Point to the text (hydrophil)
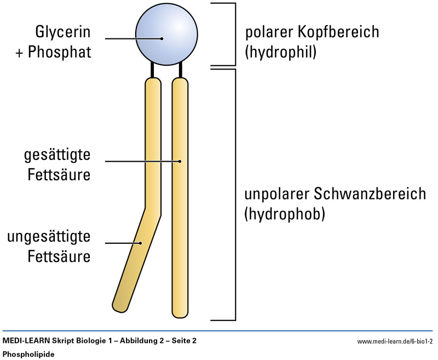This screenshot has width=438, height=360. (x=281, y=53)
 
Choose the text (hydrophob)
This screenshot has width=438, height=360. (x=285, y=214)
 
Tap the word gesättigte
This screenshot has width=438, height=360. (x=56, y=155)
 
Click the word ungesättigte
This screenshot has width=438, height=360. (x=49, y=237)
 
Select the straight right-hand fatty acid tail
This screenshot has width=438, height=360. (x=180, y=197)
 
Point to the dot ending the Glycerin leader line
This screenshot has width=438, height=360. (x=162, y=38)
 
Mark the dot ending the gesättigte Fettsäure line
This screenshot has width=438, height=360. (x=180, y=161)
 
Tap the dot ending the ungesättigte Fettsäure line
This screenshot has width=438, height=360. (x=140, y=243)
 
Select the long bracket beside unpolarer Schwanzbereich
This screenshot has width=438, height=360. (x=234, y=194)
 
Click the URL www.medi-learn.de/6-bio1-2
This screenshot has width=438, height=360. (x=395, y=341)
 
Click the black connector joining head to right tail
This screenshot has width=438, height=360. (x=180, y=70)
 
